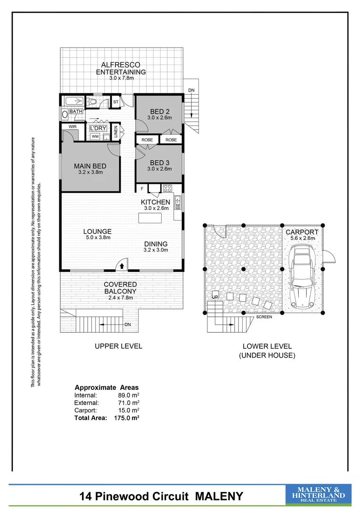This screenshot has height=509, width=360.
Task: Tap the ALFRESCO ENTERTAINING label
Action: click(121, 68)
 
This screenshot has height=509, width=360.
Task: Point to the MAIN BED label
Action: click(90, 166)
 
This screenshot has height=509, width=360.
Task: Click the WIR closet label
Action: click(73, 127)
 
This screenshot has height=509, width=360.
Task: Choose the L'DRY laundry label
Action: click(98, 128)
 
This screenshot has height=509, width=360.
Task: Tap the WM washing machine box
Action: click(95, 137)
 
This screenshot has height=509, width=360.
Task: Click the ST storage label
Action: click(115, 102)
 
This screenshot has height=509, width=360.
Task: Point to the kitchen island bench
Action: click(149, 218)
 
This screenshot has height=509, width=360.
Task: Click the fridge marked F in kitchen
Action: click(142, 189)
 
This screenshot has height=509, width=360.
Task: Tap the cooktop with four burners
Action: click(168, 189)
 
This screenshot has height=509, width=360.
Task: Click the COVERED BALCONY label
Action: click(121, 288)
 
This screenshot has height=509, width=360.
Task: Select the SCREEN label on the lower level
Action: click(264, 317)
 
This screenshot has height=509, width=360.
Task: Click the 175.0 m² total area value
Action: click(126, 418)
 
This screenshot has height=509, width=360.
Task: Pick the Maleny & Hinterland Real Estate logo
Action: click(319, 495)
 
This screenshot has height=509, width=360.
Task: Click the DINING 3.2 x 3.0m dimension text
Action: click(155, 250)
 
